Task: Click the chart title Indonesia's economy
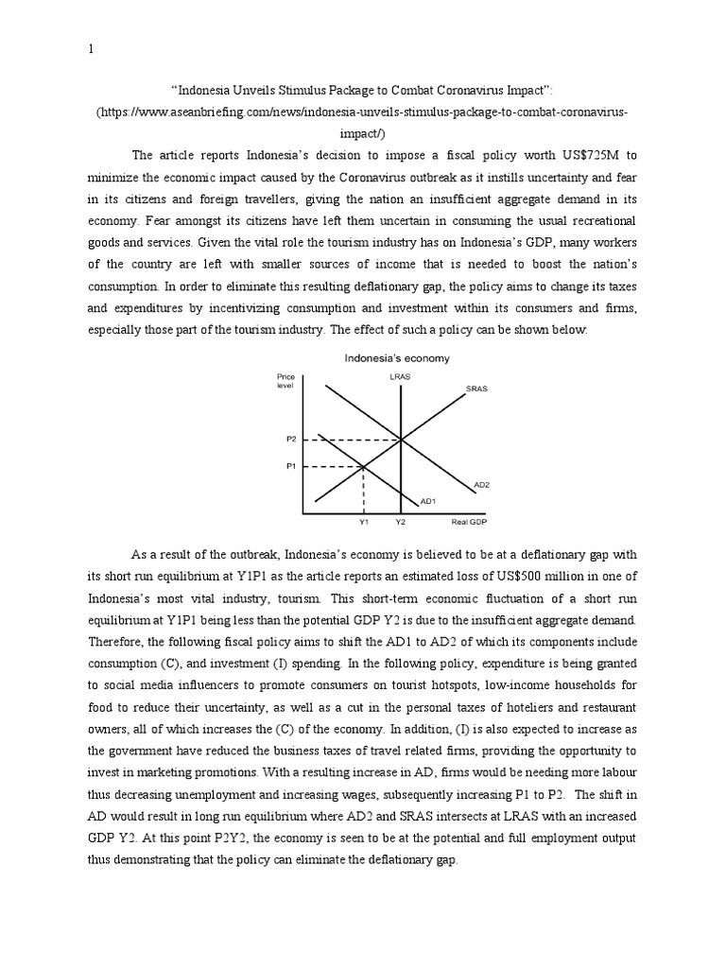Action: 396,358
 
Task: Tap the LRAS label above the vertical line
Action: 401,377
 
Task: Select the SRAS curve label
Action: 476,389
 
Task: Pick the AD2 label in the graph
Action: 481,484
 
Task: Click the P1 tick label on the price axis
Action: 290,466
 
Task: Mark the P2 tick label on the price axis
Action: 290,440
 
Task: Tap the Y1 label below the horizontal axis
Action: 364,522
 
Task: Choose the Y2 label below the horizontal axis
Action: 401,522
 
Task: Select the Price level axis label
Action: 285,381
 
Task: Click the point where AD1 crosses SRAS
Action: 365,466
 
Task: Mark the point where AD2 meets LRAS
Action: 402,440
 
